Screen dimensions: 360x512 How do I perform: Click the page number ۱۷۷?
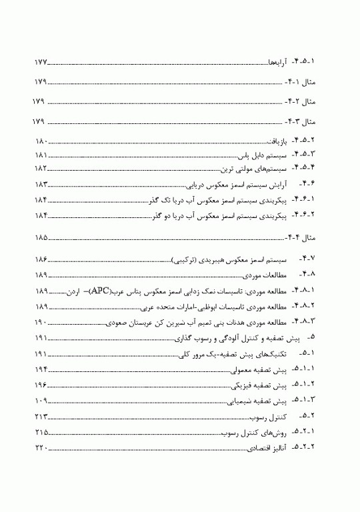tap(41, 62)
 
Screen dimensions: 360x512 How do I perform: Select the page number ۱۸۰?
tap(42, 143)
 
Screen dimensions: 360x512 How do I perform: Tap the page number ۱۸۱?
tap(42, 155)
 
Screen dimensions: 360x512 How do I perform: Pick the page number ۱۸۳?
tap(42, 184)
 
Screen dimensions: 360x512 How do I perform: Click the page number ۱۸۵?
tap(41, 237)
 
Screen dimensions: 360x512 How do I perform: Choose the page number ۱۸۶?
tap(42, 259)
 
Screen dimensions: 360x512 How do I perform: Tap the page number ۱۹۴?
tap(42, 369)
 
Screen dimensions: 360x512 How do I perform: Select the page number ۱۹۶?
tap(42, 385)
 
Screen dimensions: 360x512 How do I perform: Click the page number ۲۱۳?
tap(42, 417)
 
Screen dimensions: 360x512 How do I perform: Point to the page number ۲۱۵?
tap(42, 433)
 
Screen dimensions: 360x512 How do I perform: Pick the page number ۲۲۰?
tap(42, 449)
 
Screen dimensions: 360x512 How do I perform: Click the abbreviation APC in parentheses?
tap(99, 291)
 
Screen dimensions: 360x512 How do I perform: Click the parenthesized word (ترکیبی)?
tap(192, 259)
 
